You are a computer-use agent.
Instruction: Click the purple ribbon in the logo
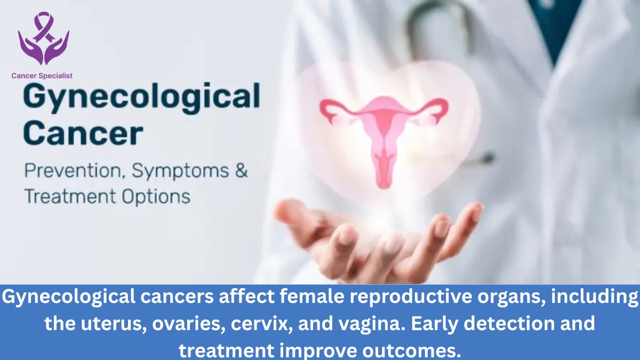(x=43, y=26)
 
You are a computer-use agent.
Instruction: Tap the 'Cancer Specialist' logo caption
(x=42, y=76)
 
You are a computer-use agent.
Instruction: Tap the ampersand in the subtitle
(x=242, y=171)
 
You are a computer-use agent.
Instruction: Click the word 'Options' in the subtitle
(x=156, y=197)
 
